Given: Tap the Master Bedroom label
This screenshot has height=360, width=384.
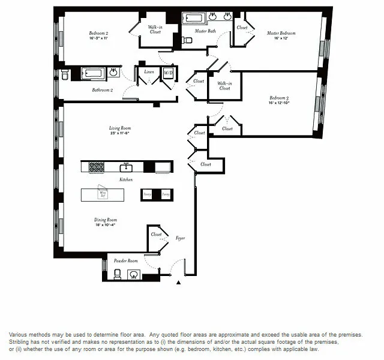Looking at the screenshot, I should click(x=281, y=33).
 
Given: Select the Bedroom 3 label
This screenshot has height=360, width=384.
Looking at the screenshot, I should click(x=279, y=97).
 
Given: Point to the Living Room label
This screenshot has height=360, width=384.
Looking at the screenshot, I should click(x=120, y=128).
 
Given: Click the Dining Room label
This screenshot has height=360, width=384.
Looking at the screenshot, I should click(x=105, y=220).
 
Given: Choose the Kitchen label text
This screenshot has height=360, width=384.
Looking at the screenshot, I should click(x=125, y=179).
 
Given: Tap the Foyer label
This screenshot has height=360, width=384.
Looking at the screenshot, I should click(x=180, y=238).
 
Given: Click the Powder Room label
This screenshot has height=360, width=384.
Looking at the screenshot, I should click(x=125, y=261).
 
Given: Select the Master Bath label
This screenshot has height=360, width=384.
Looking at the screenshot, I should click(x=205, y=31).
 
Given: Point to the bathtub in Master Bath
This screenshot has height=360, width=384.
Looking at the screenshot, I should click(x=194, y=18).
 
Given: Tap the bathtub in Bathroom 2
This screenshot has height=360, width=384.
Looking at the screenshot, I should click(x=92, y=73).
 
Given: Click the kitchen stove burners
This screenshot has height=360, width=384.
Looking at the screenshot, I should click(x=97, y=167).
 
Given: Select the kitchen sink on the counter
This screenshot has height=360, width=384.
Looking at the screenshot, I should click(x=127, y=167).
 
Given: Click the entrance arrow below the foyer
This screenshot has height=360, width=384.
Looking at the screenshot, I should click(x=178, y=282).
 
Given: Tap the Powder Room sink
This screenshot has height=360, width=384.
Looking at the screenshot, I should click(x=134, y=275).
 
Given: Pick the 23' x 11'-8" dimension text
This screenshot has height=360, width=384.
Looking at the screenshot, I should click(x=120, y=133).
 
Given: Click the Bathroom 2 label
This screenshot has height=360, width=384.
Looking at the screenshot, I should click(x=102, y=90).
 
